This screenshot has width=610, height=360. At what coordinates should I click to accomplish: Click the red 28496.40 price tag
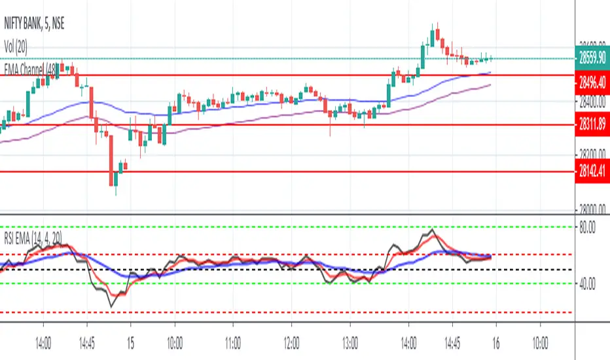(592, 82)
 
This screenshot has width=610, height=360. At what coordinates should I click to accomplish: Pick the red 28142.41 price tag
(592, 171)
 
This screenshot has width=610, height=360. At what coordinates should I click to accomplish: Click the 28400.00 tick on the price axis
(592, 101)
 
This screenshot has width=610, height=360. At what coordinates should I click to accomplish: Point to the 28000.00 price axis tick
(592, 209)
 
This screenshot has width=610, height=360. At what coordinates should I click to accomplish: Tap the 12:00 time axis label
(292, 342)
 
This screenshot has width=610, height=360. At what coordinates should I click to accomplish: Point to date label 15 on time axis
(130, 342)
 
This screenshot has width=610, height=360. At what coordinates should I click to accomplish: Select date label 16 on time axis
(495, 342)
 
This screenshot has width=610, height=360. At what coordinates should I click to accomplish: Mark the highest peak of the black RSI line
(432, 230)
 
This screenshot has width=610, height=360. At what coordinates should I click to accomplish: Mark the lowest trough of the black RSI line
(113, 306)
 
